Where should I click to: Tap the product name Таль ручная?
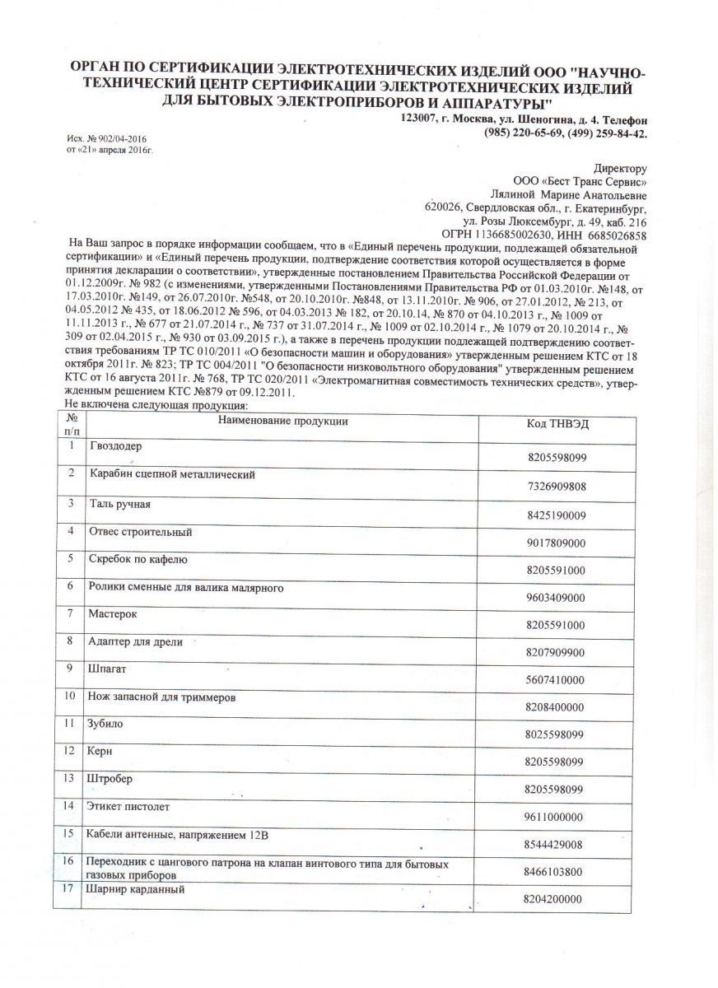[119, 502]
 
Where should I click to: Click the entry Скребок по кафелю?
[138, 559]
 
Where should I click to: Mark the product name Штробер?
[109, 778]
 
